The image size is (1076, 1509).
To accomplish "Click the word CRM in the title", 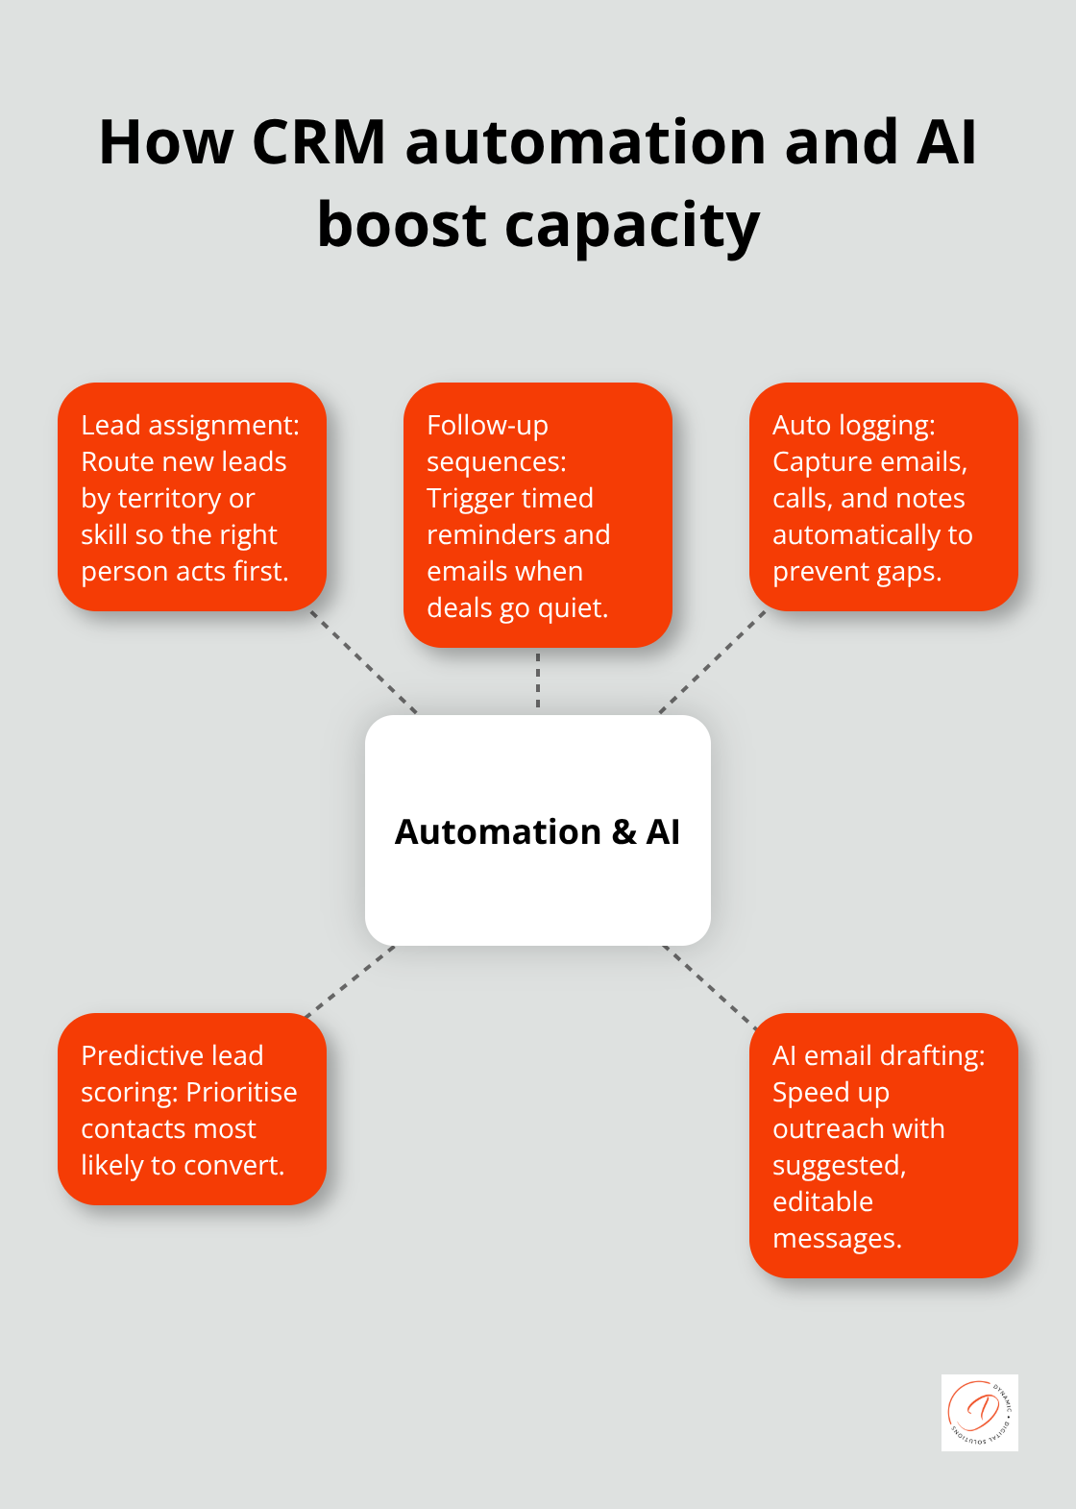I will pos(318,142).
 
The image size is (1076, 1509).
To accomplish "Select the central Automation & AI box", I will pos(538,830).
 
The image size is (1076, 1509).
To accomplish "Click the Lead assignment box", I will pos(192,497).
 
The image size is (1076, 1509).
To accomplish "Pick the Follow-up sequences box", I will pos(538,515).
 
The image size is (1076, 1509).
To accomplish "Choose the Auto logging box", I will pos(883,497).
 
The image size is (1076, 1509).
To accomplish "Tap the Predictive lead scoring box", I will pos(192,1109).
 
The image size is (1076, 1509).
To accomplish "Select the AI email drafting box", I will pos(883,1146).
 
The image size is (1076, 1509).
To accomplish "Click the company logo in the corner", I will pos(979,1412).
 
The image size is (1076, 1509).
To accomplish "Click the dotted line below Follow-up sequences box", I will pos(538,680).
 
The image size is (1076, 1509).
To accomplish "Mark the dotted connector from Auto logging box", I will pos(712,662).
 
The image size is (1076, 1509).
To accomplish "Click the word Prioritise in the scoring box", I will pos(242,1093).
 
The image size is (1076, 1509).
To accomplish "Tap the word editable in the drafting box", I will pos(822,1202).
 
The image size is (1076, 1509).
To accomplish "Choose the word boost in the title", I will pos(402,227).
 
